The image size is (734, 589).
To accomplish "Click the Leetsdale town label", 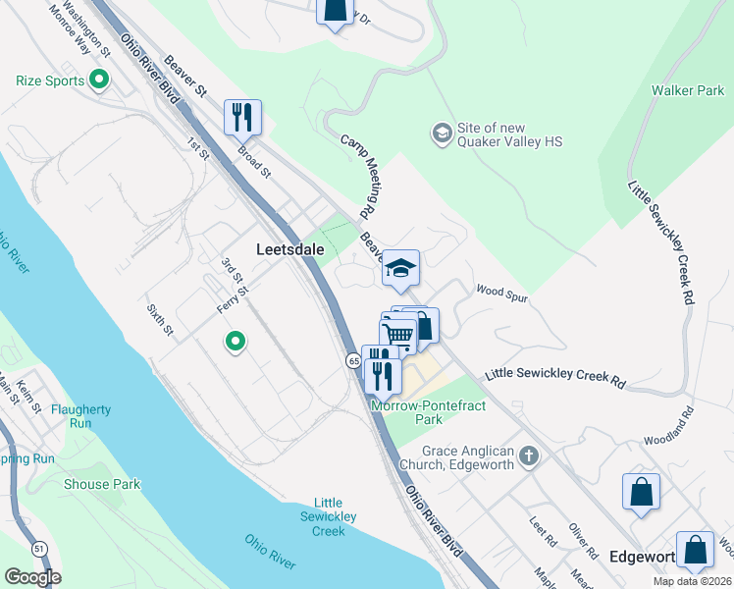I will pyautogui.click(x=289, y=249).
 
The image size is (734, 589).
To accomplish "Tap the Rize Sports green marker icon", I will pyautogui.click(x=98, y=80).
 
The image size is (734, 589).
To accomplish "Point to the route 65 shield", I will pyautogui.click(x=352, y=361).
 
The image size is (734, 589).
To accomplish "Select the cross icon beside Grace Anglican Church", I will pyautogui.click(x=529, y=455).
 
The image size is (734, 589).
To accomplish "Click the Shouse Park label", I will pyautogui.click(x=102, y=484).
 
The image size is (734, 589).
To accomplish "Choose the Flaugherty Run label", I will pyautogui.click(x=81, y=416).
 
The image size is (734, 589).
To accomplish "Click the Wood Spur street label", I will pyautogui.click(x=502, y=291).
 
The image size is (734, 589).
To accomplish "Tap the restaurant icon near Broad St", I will pyautogui.click(x=241, y=118).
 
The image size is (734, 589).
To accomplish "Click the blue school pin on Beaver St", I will pyautogui.click(x=400, y=268).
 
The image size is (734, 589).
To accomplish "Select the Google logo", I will pyautogui.click(x=32, y=577).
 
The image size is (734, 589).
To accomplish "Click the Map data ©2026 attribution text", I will pyautogui.click(x=693, y=581).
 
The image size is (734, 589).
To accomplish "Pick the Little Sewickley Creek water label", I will pyautogui.click(x=329, y=516).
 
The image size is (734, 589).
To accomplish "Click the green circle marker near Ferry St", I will pyautogui.click(x=235, y=342).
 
